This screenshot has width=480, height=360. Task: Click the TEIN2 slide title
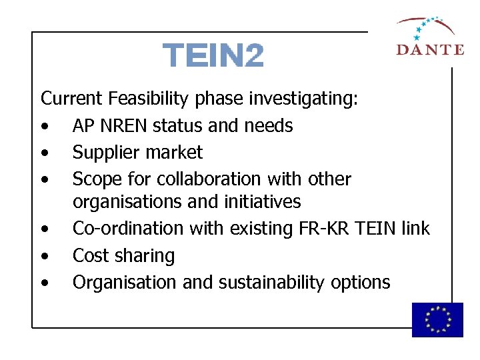tap(213, 56)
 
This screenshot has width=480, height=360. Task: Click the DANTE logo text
tap(429, 49)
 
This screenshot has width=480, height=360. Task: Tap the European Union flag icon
tap(437, 319)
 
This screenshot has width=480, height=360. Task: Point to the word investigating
tap(304, 99)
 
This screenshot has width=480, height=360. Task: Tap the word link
tap(416, 229)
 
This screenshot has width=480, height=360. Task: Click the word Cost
tap(91, 256)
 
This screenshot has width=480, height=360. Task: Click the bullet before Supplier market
tap(44, 153)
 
